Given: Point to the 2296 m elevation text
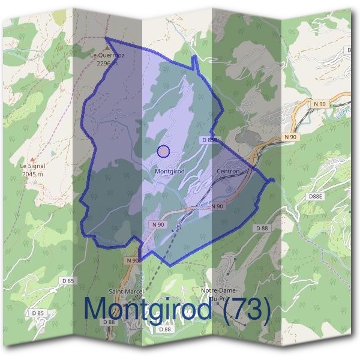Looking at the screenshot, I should tap(107, 61).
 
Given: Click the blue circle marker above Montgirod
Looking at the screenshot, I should tap(163, 151).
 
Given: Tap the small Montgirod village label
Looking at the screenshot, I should tap(169, 171).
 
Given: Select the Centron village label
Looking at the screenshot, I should tap(227, 172).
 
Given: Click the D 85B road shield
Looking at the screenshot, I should tap(208, 139).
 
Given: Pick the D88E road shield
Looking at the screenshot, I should tap(315, 196).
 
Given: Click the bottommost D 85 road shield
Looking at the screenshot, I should tap(37, 313).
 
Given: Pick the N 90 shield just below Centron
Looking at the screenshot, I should tap(217, 206).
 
